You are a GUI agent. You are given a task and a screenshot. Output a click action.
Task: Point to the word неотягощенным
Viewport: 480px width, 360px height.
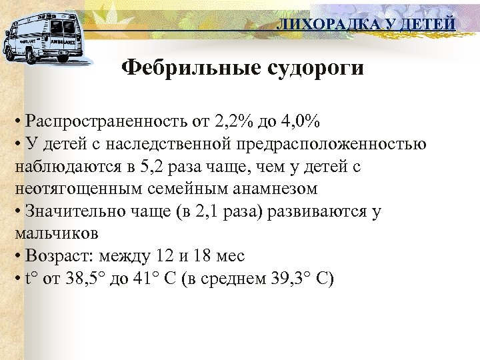[77, 189]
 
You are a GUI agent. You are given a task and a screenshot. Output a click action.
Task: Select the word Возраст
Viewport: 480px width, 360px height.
[55, 255]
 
